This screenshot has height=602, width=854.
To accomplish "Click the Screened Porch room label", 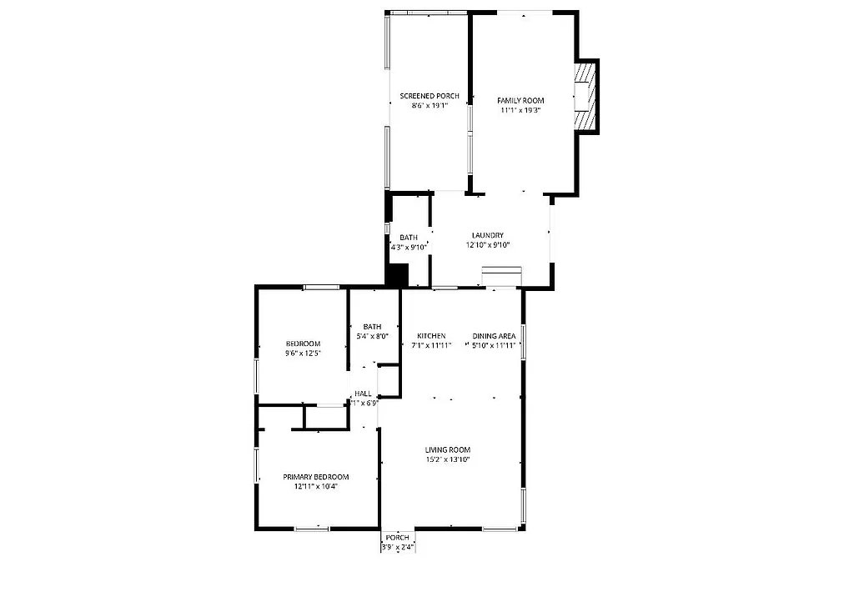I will point(429,96).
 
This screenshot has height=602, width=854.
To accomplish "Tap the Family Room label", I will point(520,99).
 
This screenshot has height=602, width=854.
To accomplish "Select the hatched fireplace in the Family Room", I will point(587,97).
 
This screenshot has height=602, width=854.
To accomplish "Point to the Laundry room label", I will point(487,235).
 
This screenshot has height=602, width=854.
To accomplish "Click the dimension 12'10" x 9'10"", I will point(487,245).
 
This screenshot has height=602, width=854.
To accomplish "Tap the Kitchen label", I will point(431,336).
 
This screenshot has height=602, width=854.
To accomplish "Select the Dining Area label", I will point(495,336).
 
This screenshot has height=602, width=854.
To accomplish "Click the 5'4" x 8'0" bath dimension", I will point(372,336).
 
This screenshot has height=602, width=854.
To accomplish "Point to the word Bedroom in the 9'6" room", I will point(303,344).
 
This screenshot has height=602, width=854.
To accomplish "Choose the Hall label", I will point(363,394).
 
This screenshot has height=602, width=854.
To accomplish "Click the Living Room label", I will point(448,450).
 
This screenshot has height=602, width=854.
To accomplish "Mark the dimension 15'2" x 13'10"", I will point(448,459).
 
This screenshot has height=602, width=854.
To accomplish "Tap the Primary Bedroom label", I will point(315,477).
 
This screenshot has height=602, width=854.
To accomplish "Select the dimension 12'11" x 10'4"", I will point(315,487).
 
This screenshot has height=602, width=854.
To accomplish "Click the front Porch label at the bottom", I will point(397,538).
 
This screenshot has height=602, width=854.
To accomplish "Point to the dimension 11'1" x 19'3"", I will point(520,109).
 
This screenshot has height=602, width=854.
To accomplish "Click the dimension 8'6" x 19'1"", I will point(429,106).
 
